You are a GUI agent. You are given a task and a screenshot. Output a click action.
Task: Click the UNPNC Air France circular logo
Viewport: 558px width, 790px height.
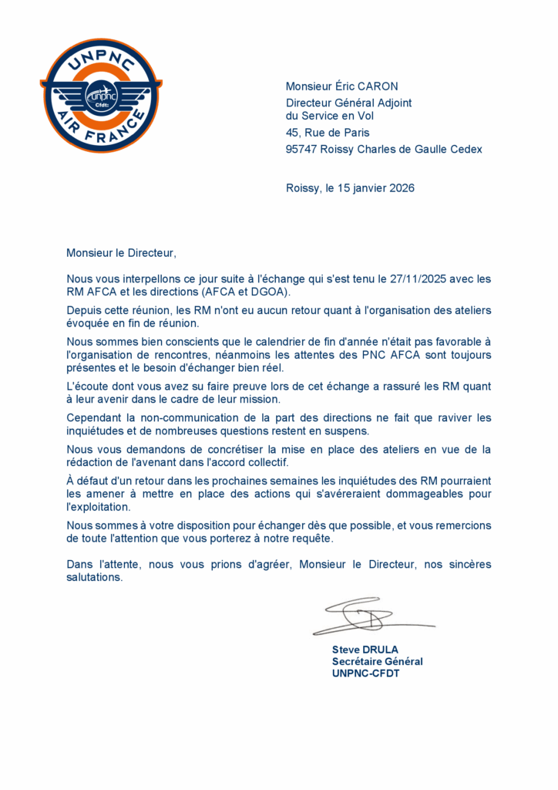coord(101,95)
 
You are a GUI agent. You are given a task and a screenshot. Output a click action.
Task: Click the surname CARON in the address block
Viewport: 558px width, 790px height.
coord(377,86)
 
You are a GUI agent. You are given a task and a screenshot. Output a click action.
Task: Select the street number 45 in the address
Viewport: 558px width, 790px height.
coord(292,133)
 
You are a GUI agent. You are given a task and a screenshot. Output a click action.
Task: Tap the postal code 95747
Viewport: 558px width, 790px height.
coord(303,149)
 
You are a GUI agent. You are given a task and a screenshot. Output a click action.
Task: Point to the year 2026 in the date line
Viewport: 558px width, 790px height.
coord(401,188)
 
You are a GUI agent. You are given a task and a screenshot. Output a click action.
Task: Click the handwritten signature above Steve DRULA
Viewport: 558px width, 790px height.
coord(370,616)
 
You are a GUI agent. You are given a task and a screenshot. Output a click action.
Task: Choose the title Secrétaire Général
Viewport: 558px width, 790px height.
coord(377,661)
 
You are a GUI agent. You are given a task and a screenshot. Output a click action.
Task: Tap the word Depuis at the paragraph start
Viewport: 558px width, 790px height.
coord(85,310)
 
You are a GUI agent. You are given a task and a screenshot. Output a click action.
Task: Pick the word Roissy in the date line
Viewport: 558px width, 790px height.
coord(301,188)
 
